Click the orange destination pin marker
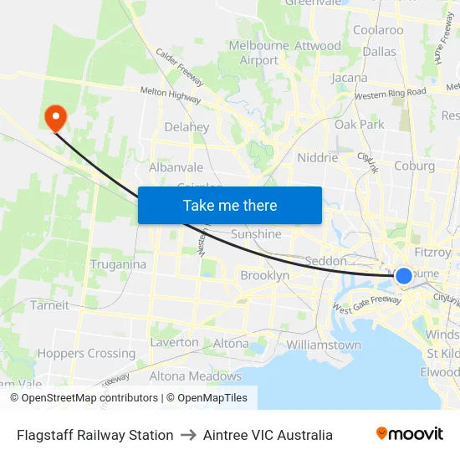pos(56,118)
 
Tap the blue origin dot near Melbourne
pos(403,276)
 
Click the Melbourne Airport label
pos(258,53)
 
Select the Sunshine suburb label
pos(256,234)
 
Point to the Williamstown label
pos(324,345)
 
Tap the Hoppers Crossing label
pos(86,354)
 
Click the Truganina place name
pos(118,264)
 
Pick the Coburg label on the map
pos(415,166)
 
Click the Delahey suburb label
pos(187,127)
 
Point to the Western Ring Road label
pos(390,94)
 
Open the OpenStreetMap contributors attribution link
pos(84,398)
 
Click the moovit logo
pos(410,434)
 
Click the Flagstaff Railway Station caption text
pos(95,435)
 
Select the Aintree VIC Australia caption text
pos(268,435)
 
